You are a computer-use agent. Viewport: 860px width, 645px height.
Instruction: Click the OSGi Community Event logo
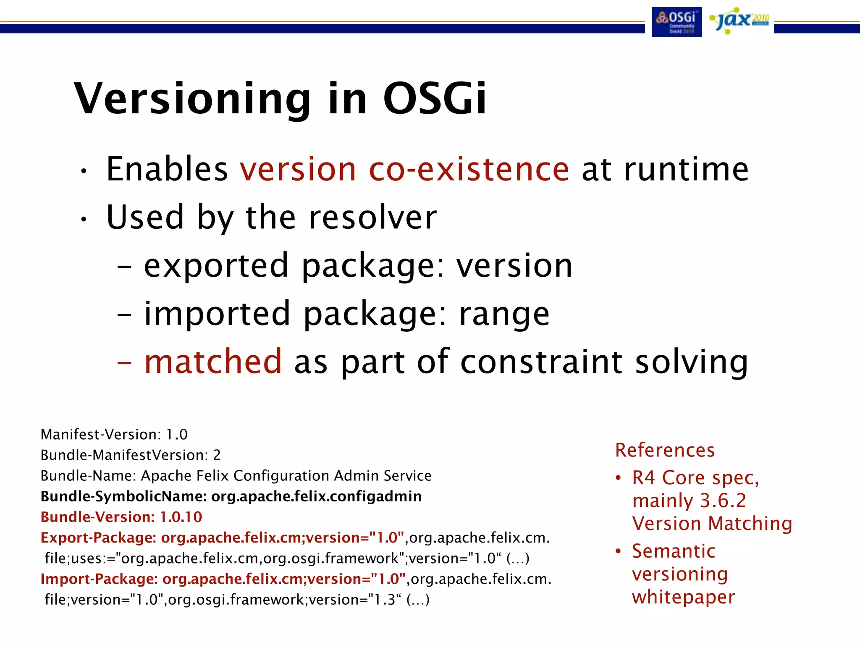click(x=676, y=22)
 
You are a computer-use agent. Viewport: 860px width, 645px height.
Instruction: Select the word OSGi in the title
click(x=435, y=99)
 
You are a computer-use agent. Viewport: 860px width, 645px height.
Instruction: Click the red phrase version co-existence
click(x=404, y=169)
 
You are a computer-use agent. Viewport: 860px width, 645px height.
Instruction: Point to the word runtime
click(x=686, y=169)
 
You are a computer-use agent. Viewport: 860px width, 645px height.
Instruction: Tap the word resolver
click(x=372, y=218)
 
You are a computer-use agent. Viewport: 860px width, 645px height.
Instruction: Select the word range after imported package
click(x=504, y=314)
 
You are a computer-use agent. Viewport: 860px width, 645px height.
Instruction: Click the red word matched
click(x=213, y=362)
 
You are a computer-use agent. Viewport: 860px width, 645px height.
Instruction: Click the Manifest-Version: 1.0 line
click(x=114, y=435)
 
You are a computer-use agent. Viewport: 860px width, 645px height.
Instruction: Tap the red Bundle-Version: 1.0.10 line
click(x=121, y=517)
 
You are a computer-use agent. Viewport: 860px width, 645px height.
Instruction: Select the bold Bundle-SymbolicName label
click(x=123, y=496)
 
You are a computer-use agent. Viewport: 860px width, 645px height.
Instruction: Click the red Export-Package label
click(x=98, y=537)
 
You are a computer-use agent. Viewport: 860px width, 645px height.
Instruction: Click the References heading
click(x=665, y=450)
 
